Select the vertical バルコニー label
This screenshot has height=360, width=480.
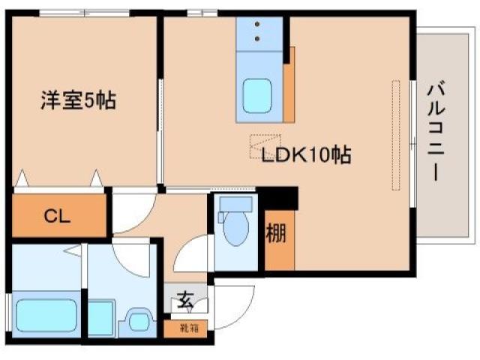[x=436, y=132]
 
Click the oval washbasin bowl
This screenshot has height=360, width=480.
[x=138, y=321]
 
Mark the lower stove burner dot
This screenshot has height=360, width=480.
[x=259, y=37]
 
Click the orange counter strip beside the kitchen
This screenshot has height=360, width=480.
[x=289, y=82]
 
